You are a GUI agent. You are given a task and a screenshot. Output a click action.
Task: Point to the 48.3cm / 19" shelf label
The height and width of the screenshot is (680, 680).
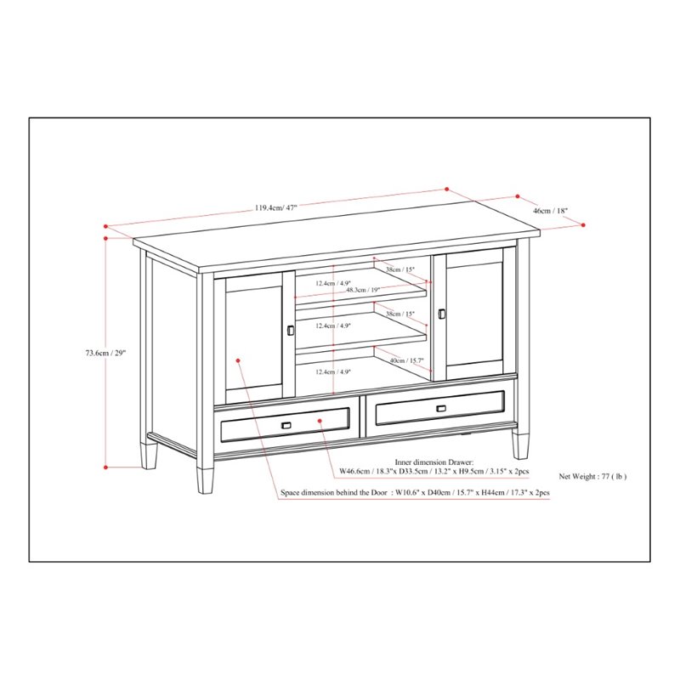363,290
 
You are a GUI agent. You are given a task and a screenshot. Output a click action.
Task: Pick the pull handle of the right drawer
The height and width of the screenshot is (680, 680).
440,409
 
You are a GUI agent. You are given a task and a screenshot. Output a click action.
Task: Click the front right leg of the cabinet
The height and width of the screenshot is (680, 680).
519,441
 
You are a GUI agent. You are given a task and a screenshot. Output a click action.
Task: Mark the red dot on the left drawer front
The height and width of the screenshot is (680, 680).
323,420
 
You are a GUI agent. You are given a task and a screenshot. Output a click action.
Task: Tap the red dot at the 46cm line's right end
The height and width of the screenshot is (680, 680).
585,224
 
